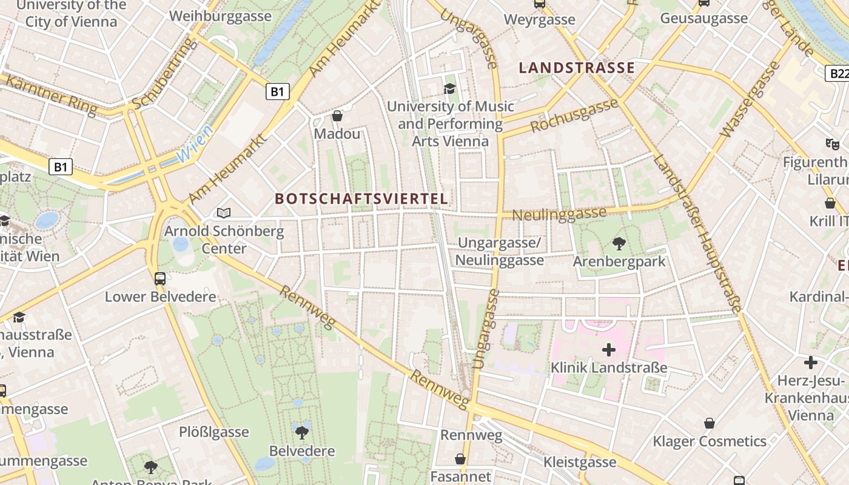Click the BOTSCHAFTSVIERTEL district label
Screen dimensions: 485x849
click(361, 199)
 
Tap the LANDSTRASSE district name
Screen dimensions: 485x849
click(577, 68)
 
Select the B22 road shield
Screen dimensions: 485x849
click(838, 73)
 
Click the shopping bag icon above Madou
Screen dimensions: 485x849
click(337, 116)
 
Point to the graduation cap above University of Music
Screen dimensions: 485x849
click(449, 89)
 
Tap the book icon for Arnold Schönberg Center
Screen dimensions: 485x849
click(224, 213)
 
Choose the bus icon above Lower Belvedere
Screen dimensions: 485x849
click(160, 279)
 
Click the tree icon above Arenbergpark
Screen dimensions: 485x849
click(619, 244)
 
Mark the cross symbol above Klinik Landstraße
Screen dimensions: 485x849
click(609, 350)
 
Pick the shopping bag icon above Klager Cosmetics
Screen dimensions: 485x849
click(709, 423)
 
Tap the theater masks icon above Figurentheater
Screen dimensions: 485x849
click(832, 144)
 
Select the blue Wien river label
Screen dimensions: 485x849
click(195, 144)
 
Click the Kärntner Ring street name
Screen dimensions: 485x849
click(51, 95)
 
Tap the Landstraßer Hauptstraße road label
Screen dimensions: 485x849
click(697, 234)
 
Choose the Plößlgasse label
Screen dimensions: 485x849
click(213, 432)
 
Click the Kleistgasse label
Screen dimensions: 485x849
click(580, 463)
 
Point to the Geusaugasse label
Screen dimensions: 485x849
click(704, 19)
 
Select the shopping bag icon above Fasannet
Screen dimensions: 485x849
click(460, 459)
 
